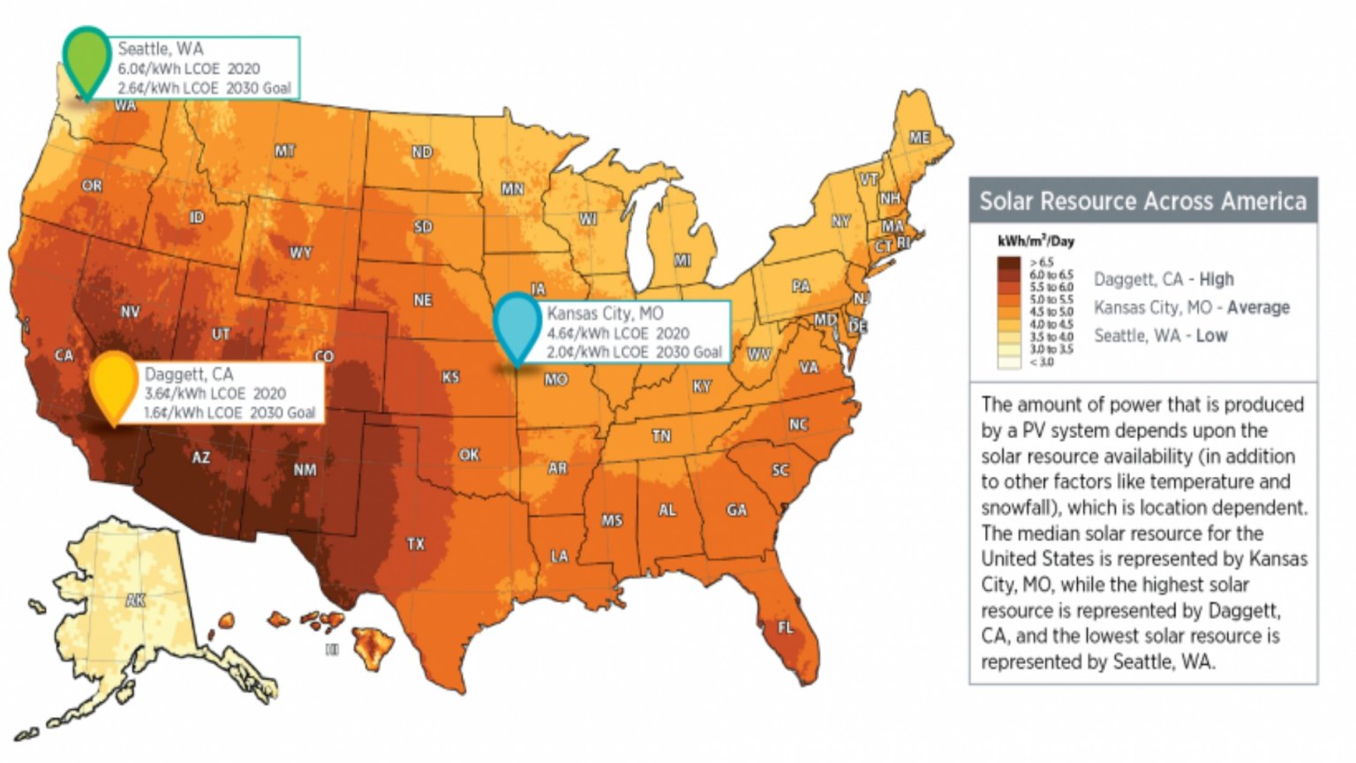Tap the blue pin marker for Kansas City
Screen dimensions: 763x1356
click(516, 324)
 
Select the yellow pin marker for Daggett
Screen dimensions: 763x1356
click(114, 382)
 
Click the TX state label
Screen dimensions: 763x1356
click(415, 544)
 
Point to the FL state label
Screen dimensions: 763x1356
click(785, 628)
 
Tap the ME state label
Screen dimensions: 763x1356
click(919, 138)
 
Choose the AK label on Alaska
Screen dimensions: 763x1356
click(135, 601)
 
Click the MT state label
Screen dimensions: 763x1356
click(284, 151)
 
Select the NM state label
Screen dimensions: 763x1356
click(305, 470)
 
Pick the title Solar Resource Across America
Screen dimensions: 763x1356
click(1142, 201)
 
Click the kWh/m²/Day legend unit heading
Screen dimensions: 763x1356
click(1036, 241)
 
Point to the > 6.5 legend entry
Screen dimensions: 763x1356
click(1041, 262)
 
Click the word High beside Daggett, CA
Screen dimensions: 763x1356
click(1216, 279)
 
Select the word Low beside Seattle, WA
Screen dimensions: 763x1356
click(1211, 336)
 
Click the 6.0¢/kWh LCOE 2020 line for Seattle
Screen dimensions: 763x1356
click(189, 69)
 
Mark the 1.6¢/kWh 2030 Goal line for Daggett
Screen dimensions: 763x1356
click(230, 412)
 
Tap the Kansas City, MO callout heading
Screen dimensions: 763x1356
click(605, 314)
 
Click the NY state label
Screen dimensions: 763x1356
click(840, 221)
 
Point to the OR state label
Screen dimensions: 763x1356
click(92, 186)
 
